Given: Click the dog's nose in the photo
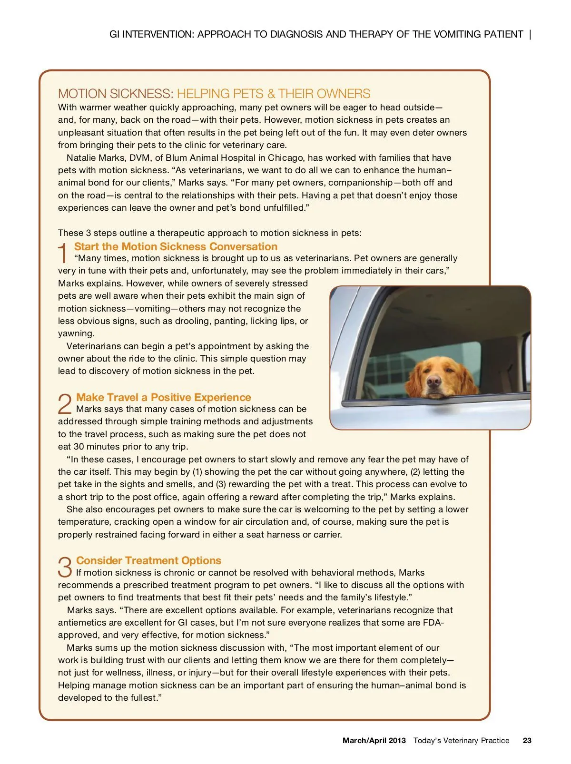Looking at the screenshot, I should [433, 380].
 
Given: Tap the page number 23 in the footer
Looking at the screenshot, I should [527, 740].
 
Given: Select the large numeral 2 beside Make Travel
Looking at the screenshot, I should [65, 404].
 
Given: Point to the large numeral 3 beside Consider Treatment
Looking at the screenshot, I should [65, 567].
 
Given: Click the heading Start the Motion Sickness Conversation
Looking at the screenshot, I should [176, 246].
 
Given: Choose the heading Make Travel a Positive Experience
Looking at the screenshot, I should [163, 397].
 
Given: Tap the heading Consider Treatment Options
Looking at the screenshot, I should [148, 560].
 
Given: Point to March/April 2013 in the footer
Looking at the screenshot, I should [374, 740].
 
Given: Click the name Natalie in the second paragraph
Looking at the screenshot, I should [83, 157].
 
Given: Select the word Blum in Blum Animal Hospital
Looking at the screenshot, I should [177, 157].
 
